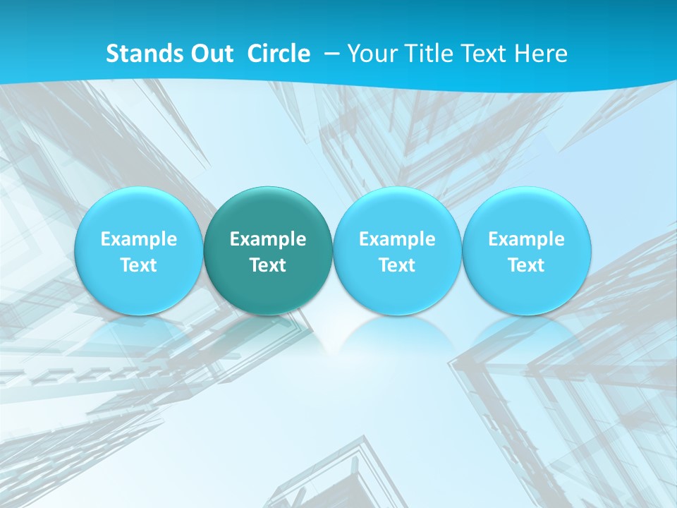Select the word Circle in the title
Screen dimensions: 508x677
pyautogui.click(x=279, y=54)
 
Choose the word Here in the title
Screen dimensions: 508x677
pyautogui.click(x=541, y=54)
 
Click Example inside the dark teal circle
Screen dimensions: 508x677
pyautogui.click(x=268, y=239)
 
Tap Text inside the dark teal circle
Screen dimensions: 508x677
pyautogui.click(x=268, y=265)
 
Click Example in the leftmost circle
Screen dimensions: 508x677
pyautogui.click(x=138, y=239)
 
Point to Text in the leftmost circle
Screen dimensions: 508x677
pyautogui.click(x=138, y=265)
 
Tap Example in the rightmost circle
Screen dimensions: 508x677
pyautogui.click(x=527, y=239)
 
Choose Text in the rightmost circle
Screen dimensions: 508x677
pyautogui.click(x=527, y=265)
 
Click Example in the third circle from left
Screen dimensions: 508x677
pyautogui.click(x=397, y=239)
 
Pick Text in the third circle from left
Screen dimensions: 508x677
pyautogui.click(x=397, y=265)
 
